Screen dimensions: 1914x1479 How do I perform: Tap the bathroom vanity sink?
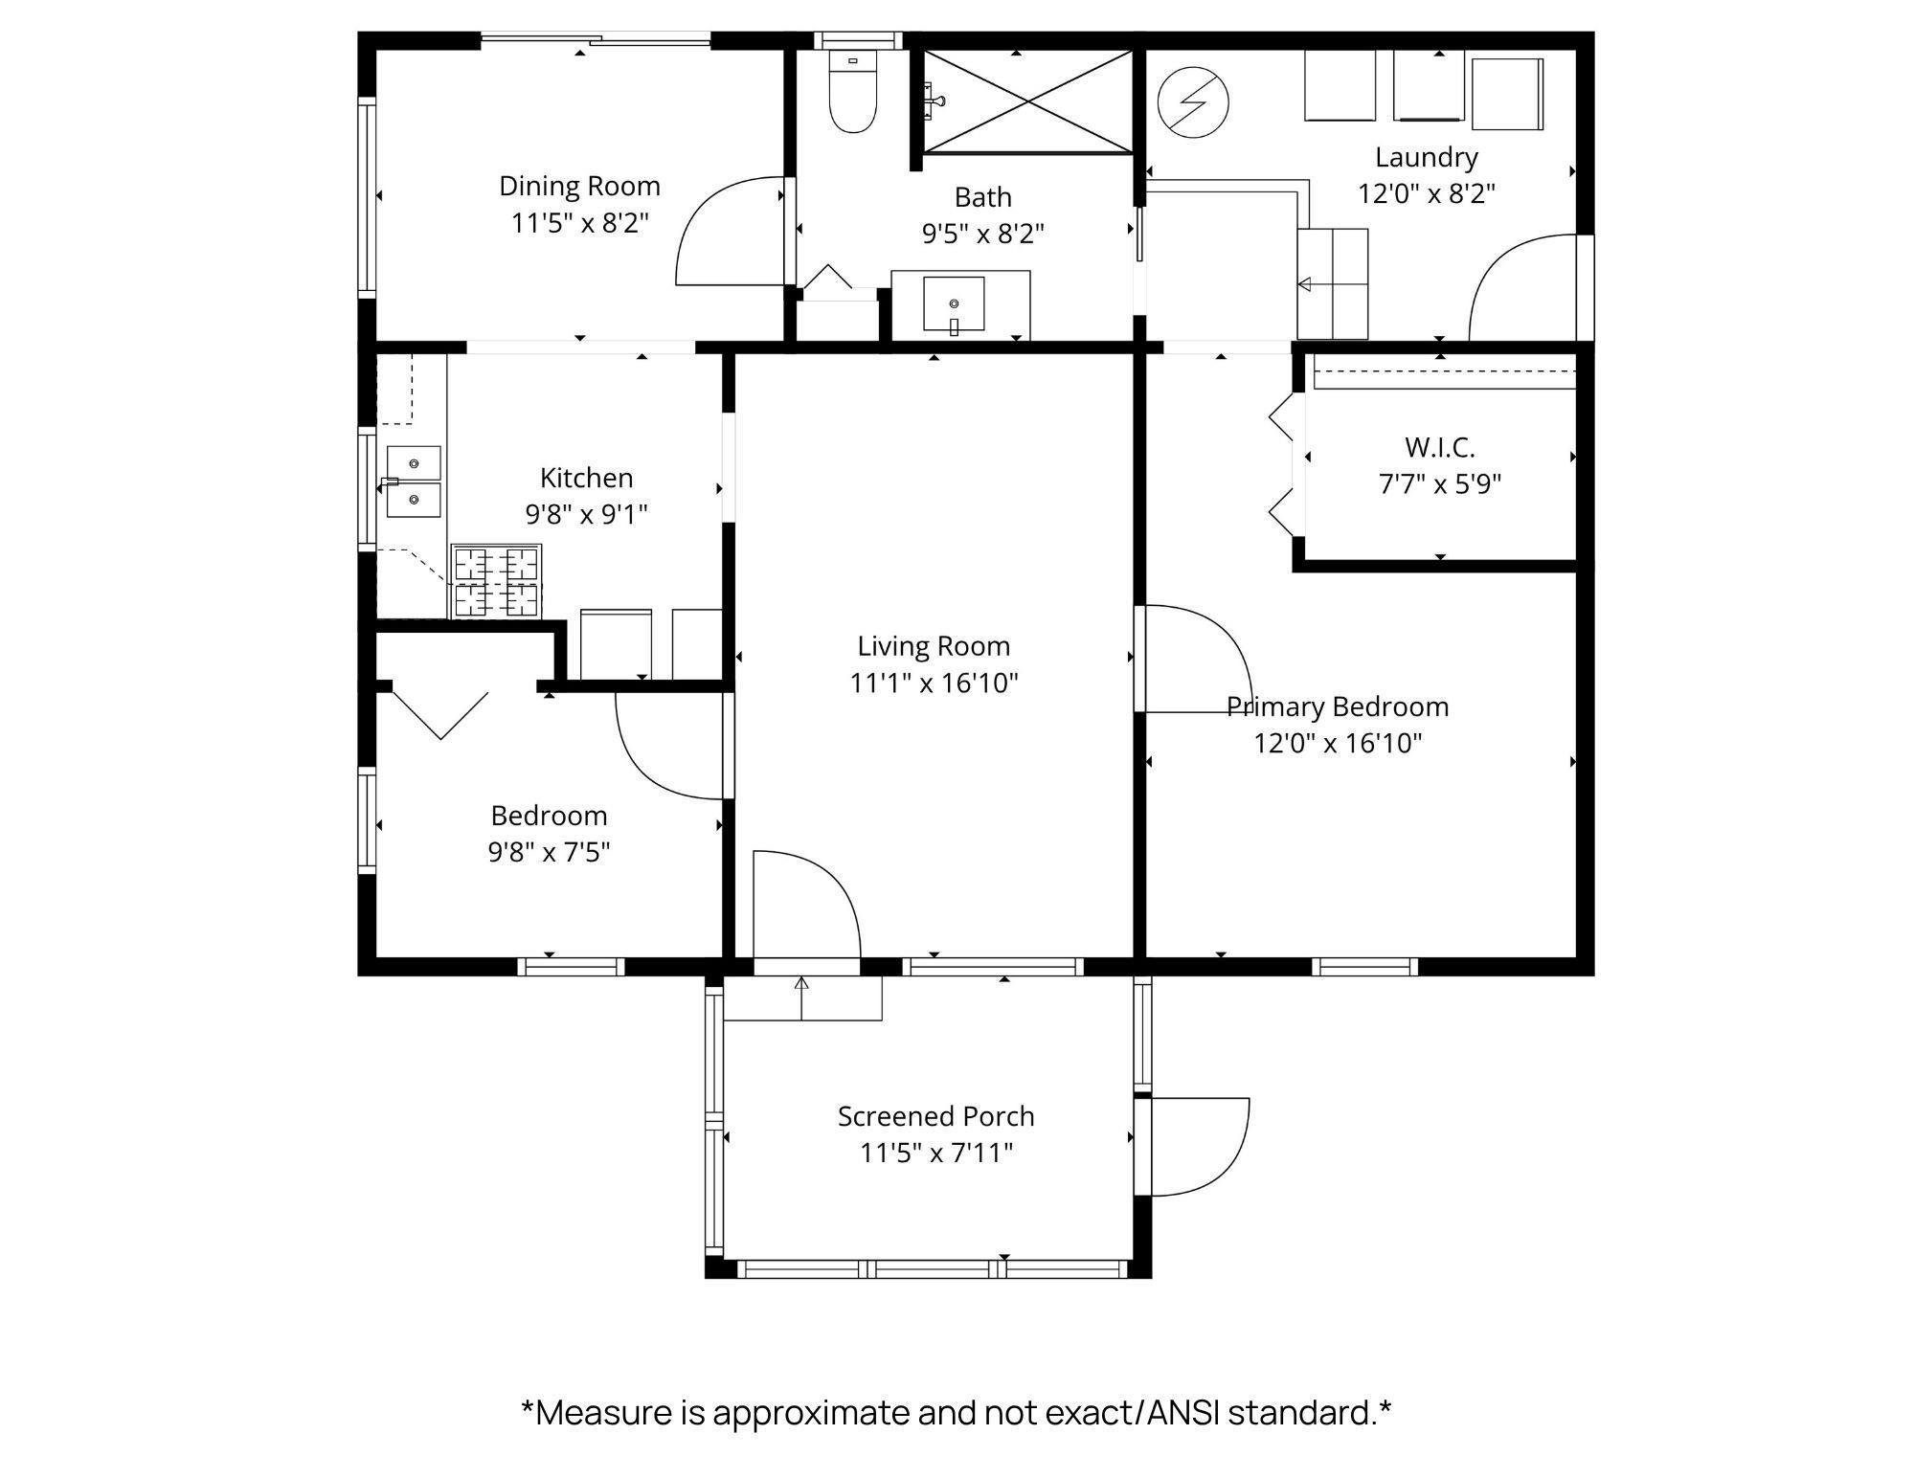[954, 305]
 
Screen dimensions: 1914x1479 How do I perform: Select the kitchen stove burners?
[496, 581]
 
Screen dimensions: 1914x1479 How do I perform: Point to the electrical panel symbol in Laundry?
[1193, 101]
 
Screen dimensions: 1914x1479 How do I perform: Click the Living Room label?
[934, 646]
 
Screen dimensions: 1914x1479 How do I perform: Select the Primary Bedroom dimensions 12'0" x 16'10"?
[1338, 744]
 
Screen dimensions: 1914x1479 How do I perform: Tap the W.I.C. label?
[1440, 447]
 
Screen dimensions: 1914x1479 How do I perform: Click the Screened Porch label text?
[935, 1116]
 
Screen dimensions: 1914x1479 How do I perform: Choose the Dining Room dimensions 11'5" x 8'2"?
[579, 223]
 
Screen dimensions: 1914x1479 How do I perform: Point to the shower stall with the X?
[1027, 101]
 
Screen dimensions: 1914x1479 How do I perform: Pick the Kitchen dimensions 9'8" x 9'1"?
[586, 515]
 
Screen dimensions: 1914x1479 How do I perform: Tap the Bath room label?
[982, 197]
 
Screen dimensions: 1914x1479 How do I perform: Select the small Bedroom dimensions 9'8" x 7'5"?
[549, 852]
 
